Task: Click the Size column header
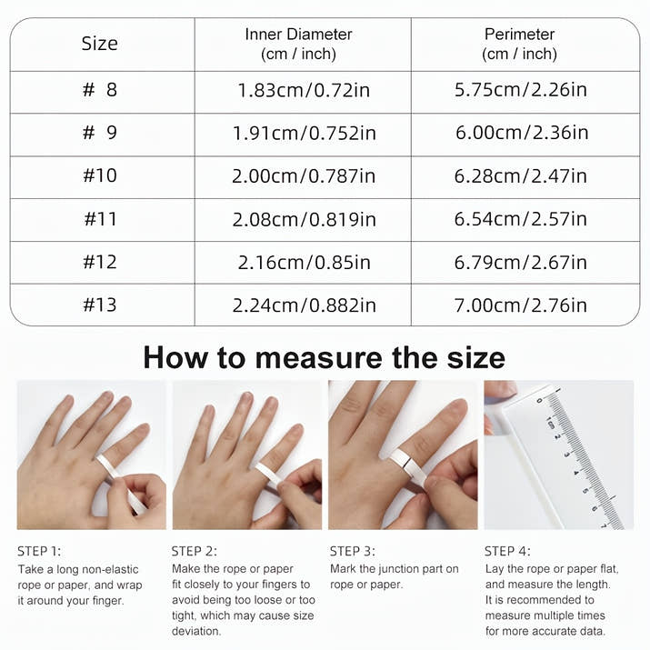(x=100, y=44)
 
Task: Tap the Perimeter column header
(x=519, y=44)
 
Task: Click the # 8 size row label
(x=100, y=91)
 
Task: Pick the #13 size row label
(x=100, y=305)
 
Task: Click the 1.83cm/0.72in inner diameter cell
(x=304, y=91)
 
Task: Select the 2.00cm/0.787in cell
(x=304, y=175)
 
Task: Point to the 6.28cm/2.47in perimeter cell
(x=521, y=175)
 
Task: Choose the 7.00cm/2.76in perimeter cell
(x=521, y=305)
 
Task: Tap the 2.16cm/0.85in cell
(x=304, y=262)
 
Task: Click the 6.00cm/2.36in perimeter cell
(x=521, y=133)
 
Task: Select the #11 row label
(x=100, y=219)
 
